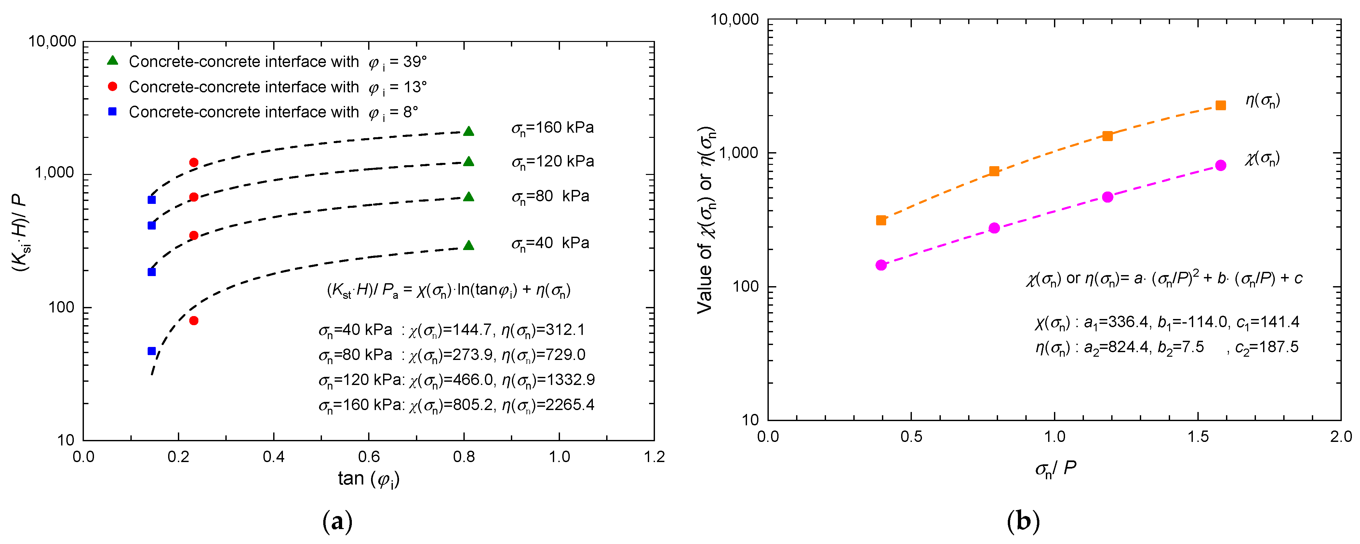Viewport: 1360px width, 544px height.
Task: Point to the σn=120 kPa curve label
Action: tap(552, 162)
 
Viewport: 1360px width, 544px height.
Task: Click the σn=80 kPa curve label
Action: tap(550, 197)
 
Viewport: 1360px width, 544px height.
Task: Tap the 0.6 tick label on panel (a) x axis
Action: tap(368, 457)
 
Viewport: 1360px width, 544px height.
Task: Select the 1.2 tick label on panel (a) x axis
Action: tap(654, 457)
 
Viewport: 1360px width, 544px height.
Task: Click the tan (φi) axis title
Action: tap(368, 479)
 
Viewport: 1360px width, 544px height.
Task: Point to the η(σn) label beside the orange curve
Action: tap(1263, 100)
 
